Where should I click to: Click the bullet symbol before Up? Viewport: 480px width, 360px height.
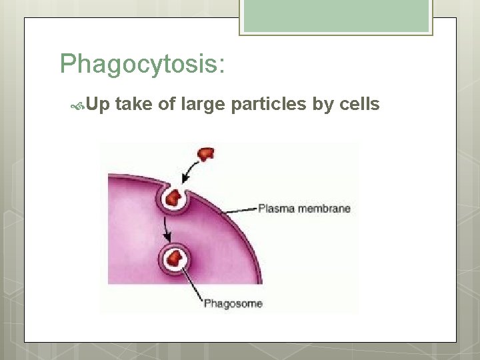click(x=78, y=105)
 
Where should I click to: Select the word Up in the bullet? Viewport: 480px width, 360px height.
click(x=98, y=105)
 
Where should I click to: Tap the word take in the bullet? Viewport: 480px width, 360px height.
click(x=136, y=104)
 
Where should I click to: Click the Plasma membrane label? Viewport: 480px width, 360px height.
click(x=304, y=208)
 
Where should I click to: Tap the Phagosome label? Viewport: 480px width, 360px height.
click(x=233, y=304)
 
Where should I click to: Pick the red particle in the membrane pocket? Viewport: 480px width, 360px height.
click(x=175, y=197)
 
